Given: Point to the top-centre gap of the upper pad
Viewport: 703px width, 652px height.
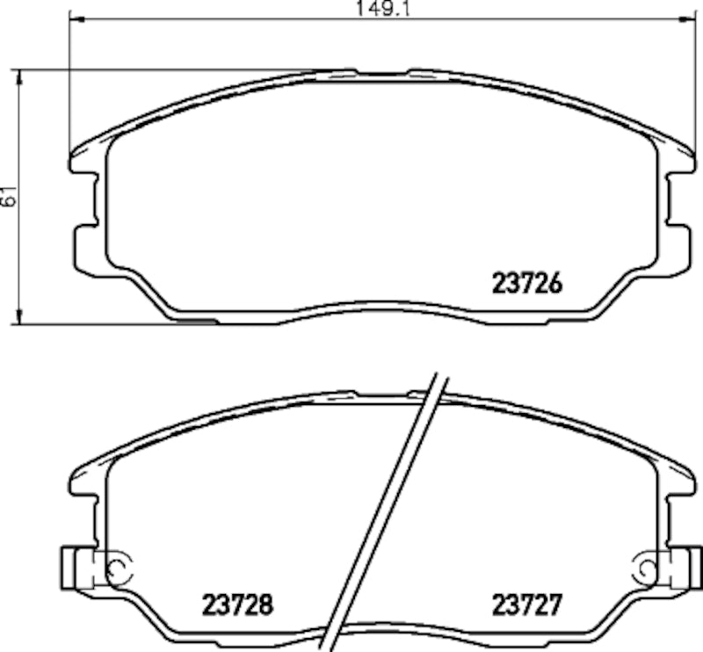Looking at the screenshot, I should pyautogui.click(x=382, y=70).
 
